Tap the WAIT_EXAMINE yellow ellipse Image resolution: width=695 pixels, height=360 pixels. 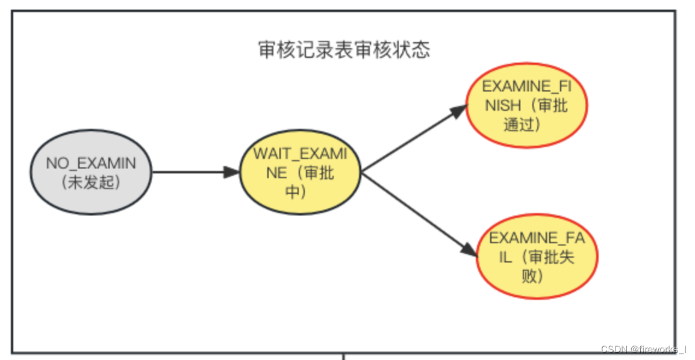click(x=300, y=172)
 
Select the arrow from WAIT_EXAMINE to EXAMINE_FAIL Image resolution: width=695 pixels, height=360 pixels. click(x=416, y=212)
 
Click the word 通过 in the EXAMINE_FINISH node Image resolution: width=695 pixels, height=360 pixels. click(x=521, y=125)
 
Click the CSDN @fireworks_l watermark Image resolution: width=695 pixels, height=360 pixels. click(x=643, y=349)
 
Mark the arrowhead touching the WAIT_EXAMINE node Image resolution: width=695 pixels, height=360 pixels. click(x=232, y=172)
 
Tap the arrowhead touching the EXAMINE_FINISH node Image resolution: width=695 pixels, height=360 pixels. click(x=460, y=111)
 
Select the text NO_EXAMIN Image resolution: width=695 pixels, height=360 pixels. click(x=91, y=163)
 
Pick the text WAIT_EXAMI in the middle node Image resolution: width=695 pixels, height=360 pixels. click(x=300, y=154)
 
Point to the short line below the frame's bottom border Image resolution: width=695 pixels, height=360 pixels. click(x=344, y=356)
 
